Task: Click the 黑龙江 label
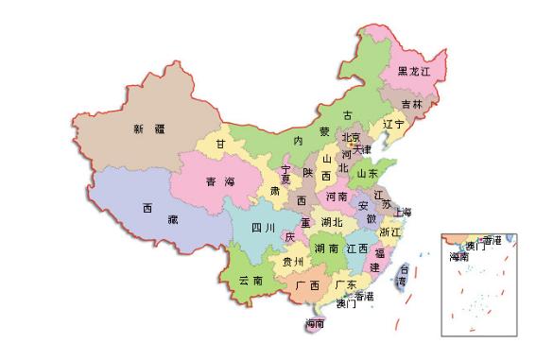pos(413,72)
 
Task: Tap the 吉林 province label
pos(411,104)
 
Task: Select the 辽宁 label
pos(393,125)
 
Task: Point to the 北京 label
pos(351,137)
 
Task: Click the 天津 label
pos(362,149)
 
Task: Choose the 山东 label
pos(367,174)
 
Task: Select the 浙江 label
pos(389,232)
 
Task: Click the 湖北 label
pos(332,223)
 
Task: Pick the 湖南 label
pos(327,249)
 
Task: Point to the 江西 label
pos(357,249)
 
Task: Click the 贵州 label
pos(293,262)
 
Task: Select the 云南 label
pos(251,281)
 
